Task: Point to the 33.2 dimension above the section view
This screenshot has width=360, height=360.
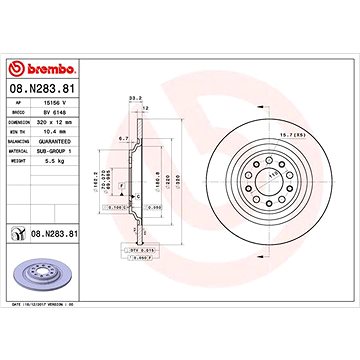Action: [133, 98]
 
